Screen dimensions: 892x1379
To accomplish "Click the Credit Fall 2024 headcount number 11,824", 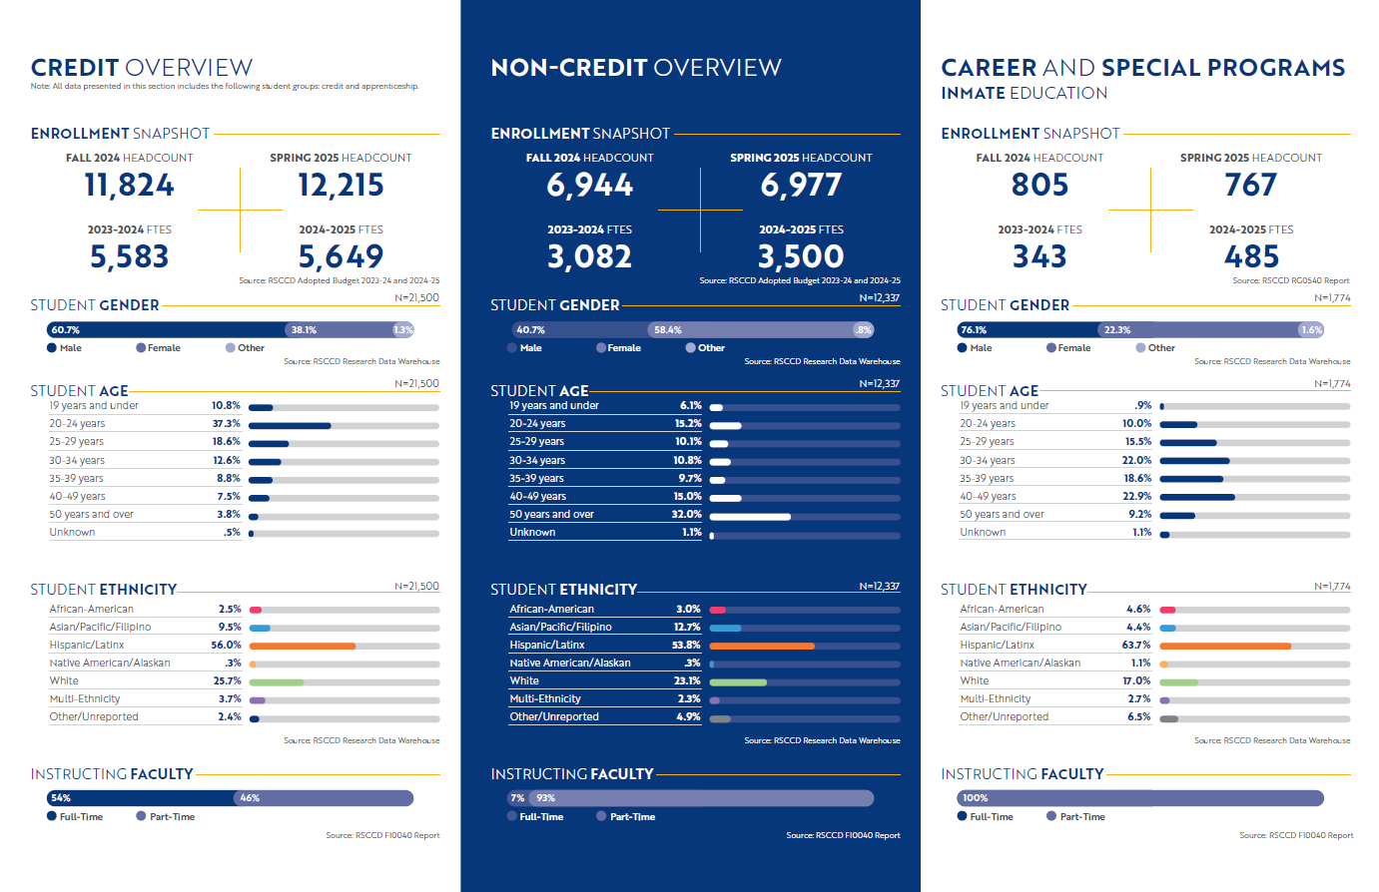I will [x=129, y=186].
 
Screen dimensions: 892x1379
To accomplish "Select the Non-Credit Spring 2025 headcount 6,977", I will [x=801, y=186].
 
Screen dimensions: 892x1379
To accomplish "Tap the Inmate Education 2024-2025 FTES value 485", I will [x=1251, y=257].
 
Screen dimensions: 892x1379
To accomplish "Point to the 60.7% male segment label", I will [x=65, y=330].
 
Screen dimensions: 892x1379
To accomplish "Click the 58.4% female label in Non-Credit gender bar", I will [x=667, y=330].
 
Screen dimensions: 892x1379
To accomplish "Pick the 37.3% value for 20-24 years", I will [x=226, y=424].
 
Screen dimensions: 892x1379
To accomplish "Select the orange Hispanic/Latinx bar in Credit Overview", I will [x=303, y=647].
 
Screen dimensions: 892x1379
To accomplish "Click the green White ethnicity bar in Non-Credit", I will [x=738, y=682].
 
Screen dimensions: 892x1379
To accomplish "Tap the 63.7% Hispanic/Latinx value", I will [x=1136, y=646].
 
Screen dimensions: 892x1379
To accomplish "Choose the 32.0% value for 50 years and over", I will [x=686, y=515].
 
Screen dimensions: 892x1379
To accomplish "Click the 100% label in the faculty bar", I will [x=975, y=798].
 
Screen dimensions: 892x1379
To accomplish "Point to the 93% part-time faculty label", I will [x=545, y=798].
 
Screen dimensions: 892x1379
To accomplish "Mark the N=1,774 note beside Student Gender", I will [x=1332, y=298].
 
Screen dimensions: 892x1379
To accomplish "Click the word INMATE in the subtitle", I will [x=973, y=94].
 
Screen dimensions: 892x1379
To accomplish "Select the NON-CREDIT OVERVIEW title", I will [x=636, y=68].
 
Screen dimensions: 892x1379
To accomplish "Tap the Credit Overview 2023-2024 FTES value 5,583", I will [x=129, y=257].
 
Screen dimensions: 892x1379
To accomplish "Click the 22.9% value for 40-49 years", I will [x=1136, y=497].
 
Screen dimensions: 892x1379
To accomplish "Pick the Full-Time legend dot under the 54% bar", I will [x=52, y=816].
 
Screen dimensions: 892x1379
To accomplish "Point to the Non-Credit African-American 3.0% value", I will [x=688, y=610].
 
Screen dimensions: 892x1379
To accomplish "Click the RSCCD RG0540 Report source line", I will [x=1290, y=281].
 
